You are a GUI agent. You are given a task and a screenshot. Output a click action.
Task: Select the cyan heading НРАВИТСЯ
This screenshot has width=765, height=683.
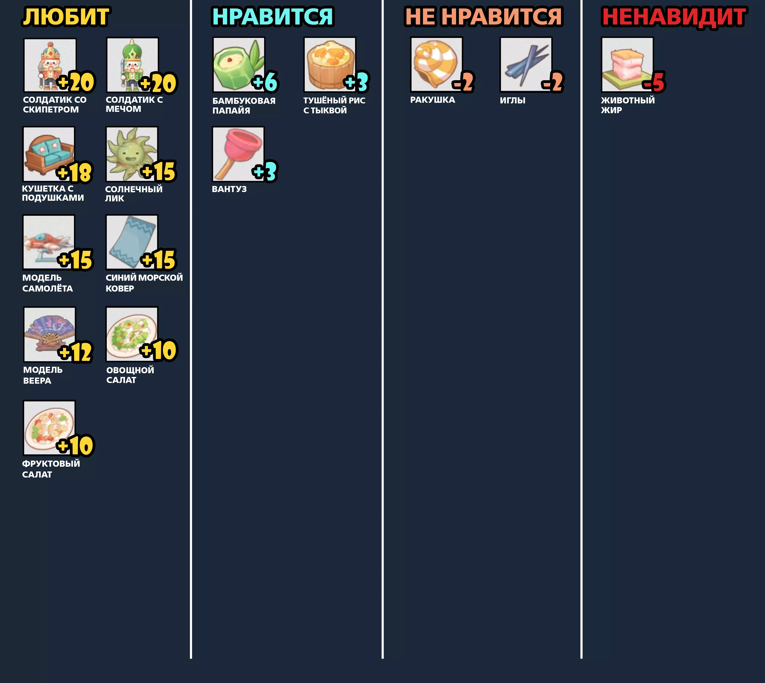tap(273, 17)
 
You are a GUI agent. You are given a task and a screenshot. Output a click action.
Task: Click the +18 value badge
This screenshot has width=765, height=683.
tap(74, 172)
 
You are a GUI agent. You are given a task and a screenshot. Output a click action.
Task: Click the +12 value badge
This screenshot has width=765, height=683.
tap(75, 352)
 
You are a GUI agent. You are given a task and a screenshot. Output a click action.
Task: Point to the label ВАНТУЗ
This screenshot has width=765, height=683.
tap(229, 189)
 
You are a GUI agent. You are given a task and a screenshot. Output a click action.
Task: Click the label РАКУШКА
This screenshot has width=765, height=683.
tap(432, 100)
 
